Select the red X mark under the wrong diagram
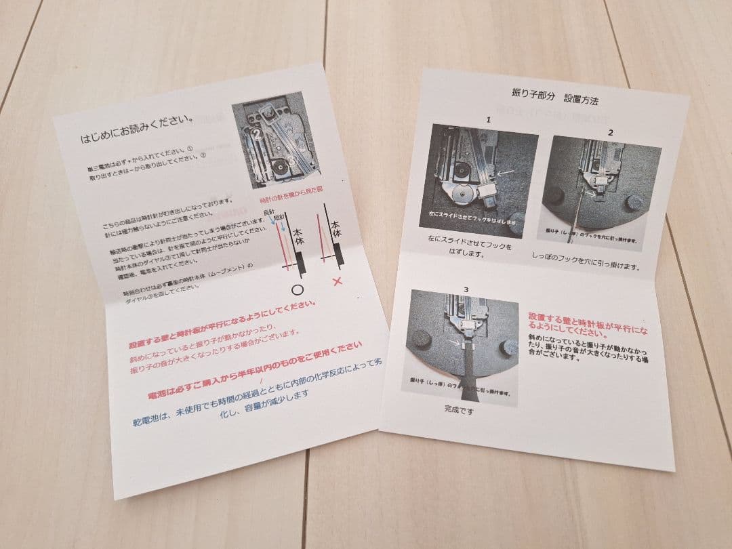[x=336, y=280]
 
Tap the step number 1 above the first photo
[x=487, y=120]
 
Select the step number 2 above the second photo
[x=610, y=131]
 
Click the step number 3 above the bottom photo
[x=466, y=289]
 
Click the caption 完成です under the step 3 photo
[x=457, y=409]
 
